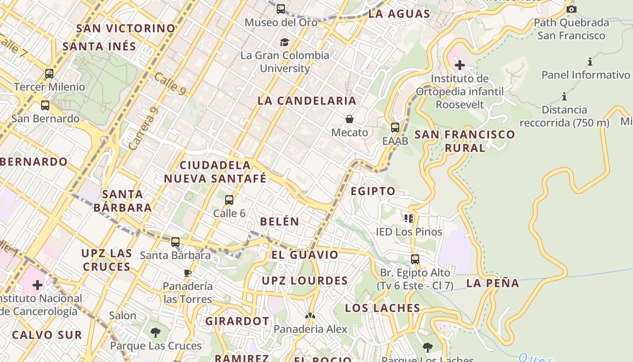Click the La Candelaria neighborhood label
coord(307,101)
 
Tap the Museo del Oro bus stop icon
coord(281,9)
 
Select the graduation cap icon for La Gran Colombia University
coord(284,42)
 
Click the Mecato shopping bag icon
coord(350,119)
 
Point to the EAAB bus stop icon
coord(395,128)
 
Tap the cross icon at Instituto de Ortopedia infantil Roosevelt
coord(460,65)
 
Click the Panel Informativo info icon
coord(590,62)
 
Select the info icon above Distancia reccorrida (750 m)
coord(564,96)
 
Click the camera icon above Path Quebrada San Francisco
coord(572,9)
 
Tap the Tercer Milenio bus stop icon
coord(49,73)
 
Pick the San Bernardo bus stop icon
coord(45,105)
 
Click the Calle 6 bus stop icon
coord(229,200)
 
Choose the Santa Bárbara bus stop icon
coord(175,242)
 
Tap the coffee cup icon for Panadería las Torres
coord(188,273)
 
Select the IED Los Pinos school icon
coord(409,219)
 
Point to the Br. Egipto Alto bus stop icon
coord(415,259)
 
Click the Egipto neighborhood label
coord(373,191)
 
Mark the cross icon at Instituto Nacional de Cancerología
coord(38,285)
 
